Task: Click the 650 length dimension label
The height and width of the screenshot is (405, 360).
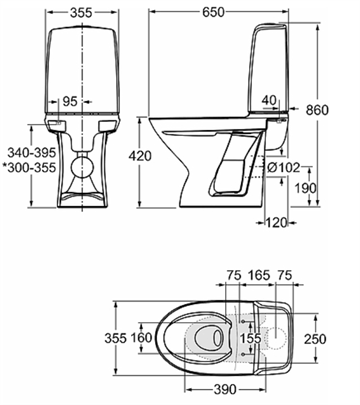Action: (213, 12)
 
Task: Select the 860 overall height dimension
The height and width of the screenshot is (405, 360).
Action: (317, 110)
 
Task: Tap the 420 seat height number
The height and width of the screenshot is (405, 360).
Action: (140, 156)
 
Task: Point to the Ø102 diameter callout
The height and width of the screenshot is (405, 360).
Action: (283, 168)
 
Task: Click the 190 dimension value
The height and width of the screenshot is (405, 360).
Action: (306, 188)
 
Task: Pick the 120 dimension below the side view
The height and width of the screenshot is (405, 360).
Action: (276, 222)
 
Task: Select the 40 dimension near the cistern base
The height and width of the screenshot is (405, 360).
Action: (269, 100)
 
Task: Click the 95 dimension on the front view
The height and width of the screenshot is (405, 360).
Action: (70, 101)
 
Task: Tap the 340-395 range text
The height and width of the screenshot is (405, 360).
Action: (31, 153)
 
